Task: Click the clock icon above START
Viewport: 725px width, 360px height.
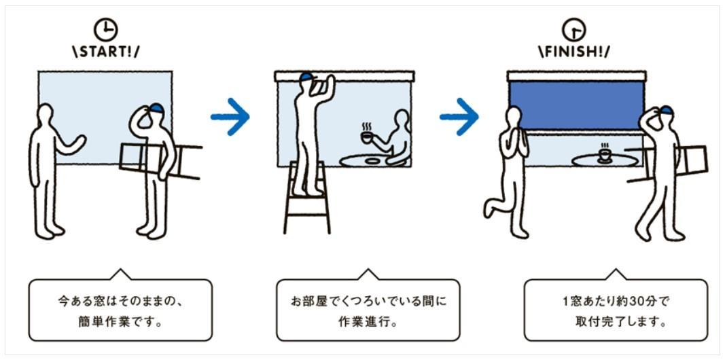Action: (106, 31)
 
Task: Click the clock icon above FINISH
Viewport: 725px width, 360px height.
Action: (574, 31)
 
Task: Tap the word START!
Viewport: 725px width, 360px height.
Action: (106, 52)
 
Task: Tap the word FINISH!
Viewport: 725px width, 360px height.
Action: (573, 52)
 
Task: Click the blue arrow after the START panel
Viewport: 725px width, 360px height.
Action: (230, 116)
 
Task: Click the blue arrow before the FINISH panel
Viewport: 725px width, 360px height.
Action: (459, 116)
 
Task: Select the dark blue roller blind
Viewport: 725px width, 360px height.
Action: (576, 105)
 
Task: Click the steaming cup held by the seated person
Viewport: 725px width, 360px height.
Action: (367, 134)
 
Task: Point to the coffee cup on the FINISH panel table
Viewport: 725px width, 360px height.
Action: (604, 154)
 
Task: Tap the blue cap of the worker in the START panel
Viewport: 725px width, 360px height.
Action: (156, 108)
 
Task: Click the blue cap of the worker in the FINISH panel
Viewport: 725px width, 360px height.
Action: (666, 110)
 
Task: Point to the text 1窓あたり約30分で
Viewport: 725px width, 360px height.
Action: (616, 302)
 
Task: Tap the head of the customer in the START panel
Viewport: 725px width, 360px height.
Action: (45, 113)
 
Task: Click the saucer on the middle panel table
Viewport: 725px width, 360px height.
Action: (372, 160)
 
